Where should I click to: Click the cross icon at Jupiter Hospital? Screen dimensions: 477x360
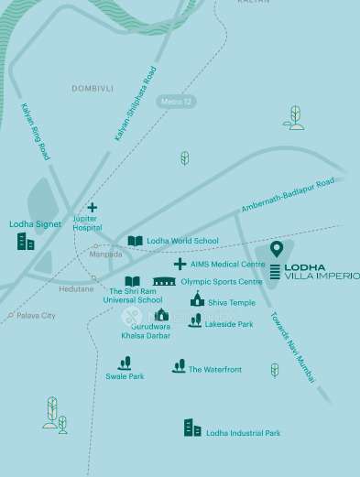point(92,208)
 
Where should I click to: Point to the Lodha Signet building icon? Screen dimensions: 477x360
point(26,242)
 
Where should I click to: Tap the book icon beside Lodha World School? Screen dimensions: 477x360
point(136,241)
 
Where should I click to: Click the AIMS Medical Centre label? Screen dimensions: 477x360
point(227,264)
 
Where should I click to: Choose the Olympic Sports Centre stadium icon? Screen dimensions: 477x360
point(164,281)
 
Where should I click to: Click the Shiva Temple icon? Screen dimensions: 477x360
point(197,299)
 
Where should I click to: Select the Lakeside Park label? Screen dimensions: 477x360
point(229,323)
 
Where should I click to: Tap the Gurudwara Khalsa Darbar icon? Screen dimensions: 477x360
point(161,315)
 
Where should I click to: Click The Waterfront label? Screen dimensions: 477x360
point(215,370)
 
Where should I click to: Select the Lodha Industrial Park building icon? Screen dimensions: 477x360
point(192,428)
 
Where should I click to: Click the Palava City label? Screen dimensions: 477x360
point(36,315)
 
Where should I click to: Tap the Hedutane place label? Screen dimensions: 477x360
point(75,288)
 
